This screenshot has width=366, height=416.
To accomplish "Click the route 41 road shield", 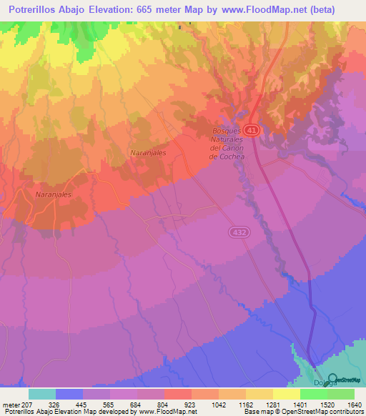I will pyautogui.click(x=252, y=131).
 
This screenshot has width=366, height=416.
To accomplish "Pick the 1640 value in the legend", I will pyautogui.click(x=354, y=404).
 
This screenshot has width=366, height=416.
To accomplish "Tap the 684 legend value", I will pyautogui.click(x=150, y=404).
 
